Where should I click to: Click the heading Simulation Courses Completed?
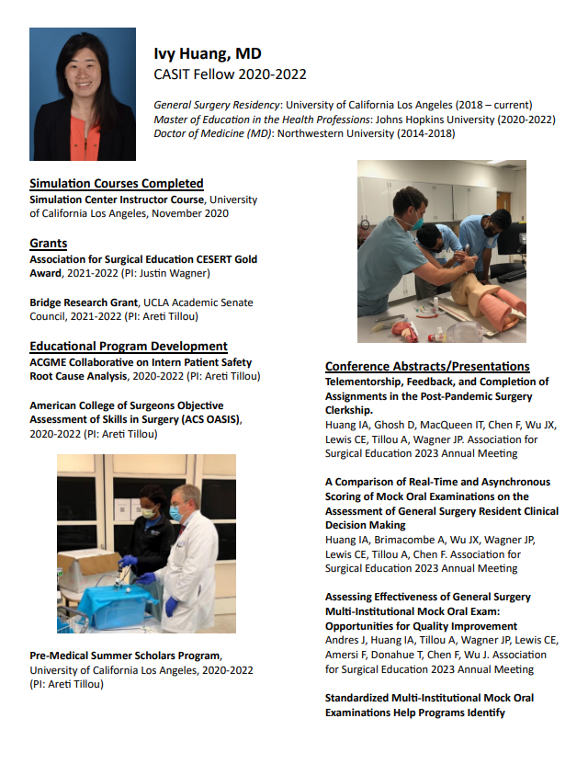point(117,184)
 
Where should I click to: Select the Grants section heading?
point(49,244)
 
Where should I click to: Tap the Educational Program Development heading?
point(129,347)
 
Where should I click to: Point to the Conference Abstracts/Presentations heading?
point(427,366)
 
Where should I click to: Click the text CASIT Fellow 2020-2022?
point(230,74)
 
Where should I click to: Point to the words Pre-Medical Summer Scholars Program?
point(125,656)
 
